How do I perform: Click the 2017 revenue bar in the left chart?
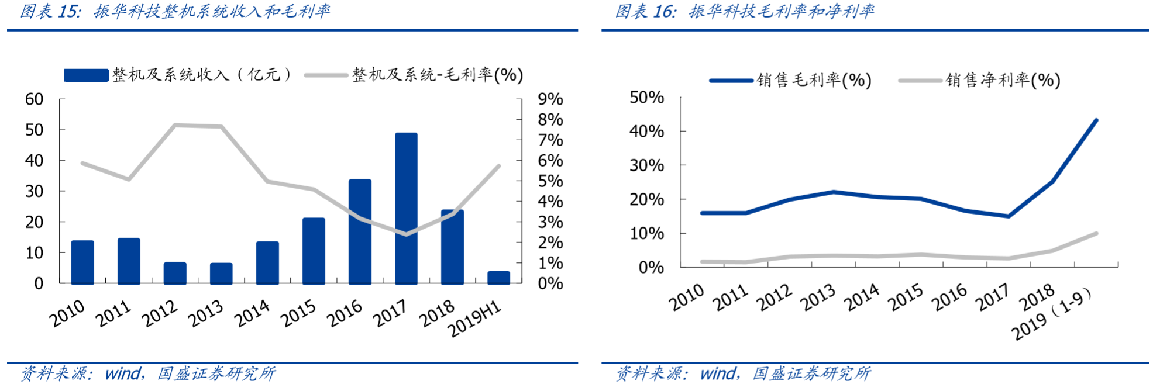click(406, 209)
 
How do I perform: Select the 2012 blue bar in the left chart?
click(175, 273)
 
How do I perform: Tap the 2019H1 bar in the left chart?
click(498, 278)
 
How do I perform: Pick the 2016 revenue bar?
click(360, 232)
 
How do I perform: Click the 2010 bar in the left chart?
click(82, 262)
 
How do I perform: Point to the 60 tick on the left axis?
click(34, 99)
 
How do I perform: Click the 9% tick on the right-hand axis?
click(550, 99)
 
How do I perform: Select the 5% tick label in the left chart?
click(550, 181)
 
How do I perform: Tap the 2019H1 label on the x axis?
click(474, 319)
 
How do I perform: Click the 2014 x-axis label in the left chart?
click(252, 314)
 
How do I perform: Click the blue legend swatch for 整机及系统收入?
click(86, 75)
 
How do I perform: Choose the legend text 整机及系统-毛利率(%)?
click(437, 75)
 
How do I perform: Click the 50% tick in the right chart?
click(646, 98)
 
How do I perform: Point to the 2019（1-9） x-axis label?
click(1051, 314)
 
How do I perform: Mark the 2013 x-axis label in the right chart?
click(817, 298)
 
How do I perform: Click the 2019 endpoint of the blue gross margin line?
click(1096, 120)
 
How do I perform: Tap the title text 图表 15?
click(50, 11)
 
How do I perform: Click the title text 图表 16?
click(645, 11)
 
